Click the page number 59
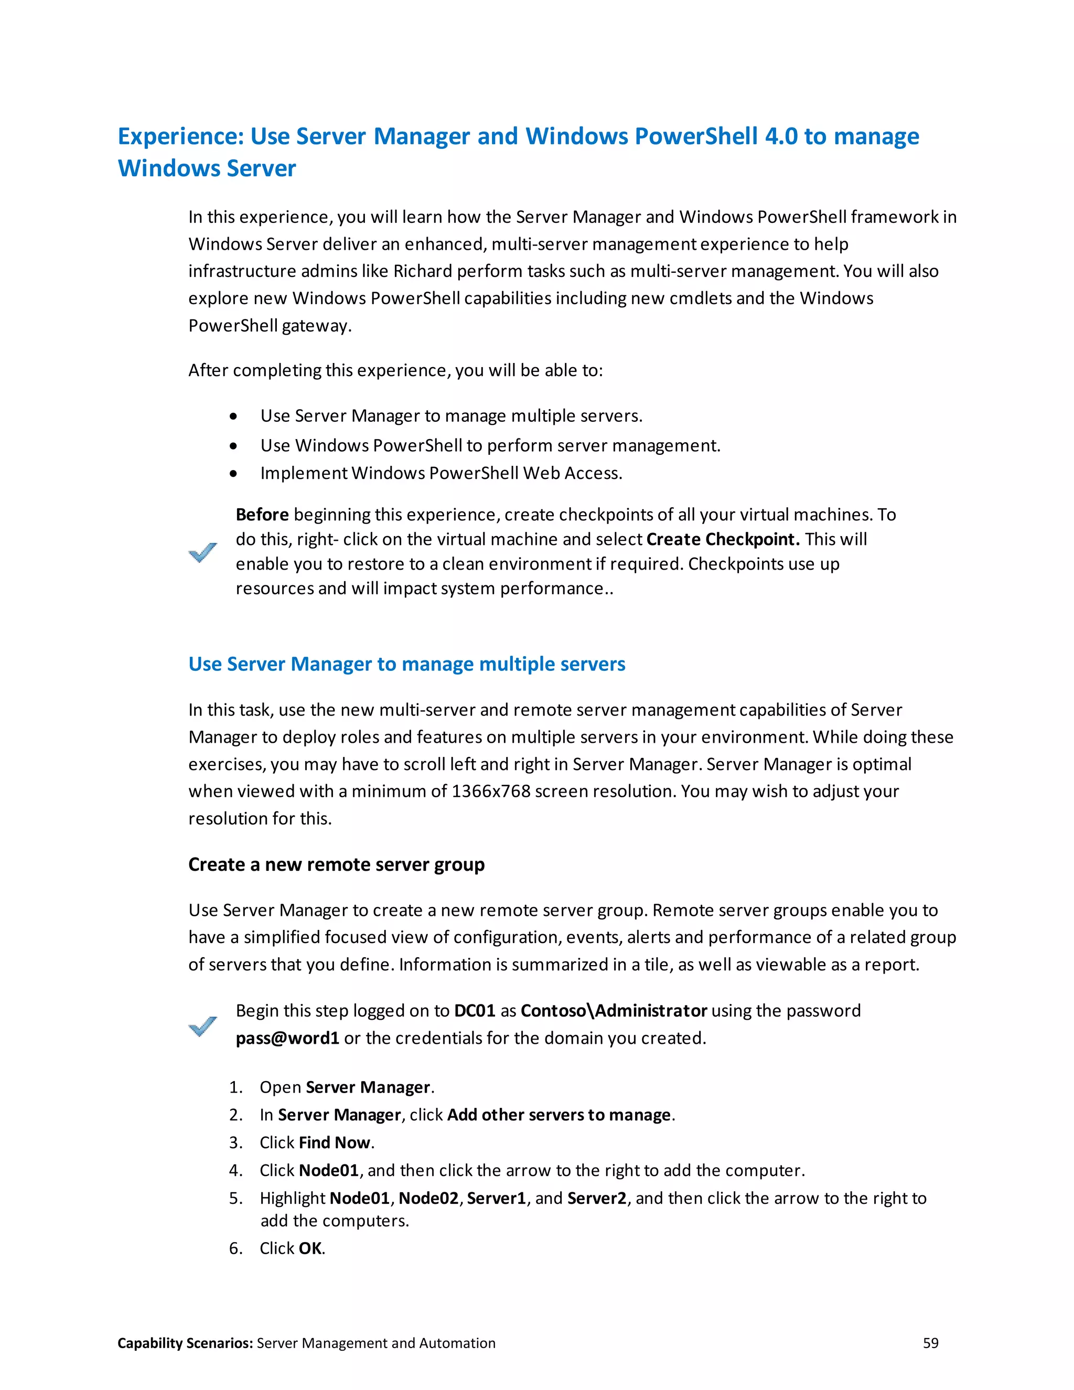930,1343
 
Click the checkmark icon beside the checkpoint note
203,552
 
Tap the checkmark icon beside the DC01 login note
203,1025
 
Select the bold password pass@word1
287,1039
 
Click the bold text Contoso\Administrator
614,1011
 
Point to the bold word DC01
475,1011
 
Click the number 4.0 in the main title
781,137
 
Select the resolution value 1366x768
490,791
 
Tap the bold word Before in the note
262,515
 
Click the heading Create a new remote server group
336,865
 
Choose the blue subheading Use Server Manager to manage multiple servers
406,665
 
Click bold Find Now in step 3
335,1143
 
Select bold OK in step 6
310,1249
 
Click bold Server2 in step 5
597,1199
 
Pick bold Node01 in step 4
329,1170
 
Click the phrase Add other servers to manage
559,1115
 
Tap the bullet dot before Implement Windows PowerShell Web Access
233,474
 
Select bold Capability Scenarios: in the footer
185,1343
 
